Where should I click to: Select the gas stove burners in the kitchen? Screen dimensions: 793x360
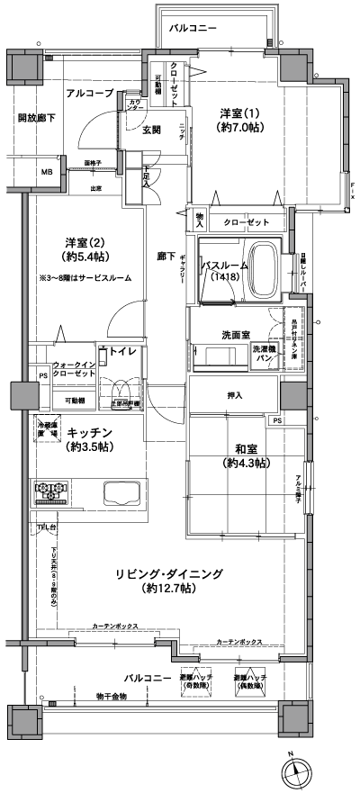click(x=50, y=492)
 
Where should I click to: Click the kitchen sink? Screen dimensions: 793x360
click(x=119, y=495)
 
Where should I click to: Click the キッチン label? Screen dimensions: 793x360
click(x=89, y=438)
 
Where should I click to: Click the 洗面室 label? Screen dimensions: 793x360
click(x=236, y=334)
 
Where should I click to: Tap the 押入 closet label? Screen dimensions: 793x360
click(x=232, y=394)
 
